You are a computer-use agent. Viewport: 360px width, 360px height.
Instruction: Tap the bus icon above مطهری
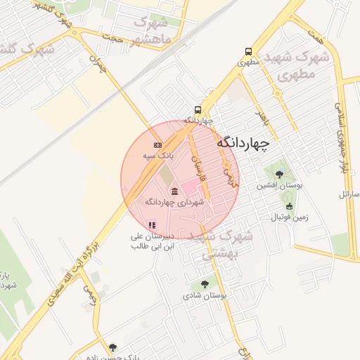[x=248, y=51]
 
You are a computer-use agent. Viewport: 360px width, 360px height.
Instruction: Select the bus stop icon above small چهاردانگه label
[x=198, y=110]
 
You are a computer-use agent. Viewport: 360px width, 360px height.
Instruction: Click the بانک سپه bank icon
[x=157, y=144]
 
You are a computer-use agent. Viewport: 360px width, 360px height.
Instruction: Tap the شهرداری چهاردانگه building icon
[x=174, y=192]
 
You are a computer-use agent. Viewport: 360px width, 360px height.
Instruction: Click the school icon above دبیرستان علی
[x=151, y=225]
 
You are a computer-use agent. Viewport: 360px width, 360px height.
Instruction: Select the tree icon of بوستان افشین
[x=279, y=174]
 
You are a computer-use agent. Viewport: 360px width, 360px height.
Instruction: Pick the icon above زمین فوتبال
[x=290, y=207]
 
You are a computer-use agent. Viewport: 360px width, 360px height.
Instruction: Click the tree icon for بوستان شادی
[x=205, y=285]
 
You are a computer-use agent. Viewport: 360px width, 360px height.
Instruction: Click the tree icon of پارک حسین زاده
[x=113, y=347]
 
